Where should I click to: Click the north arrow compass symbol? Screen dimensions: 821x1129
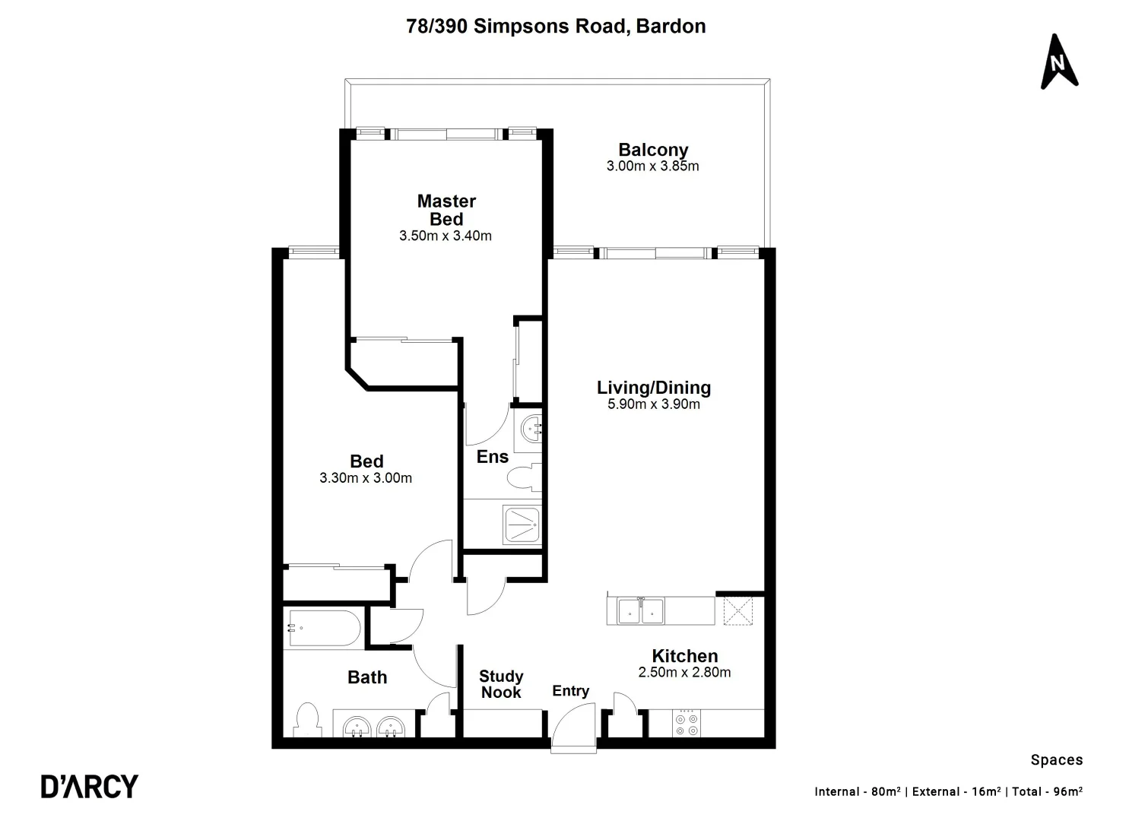(1058, 62)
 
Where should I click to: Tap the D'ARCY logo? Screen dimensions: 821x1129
(90, 786)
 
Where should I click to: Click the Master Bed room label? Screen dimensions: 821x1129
(446, 210)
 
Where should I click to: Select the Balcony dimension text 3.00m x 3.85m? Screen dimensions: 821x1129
(652, 166)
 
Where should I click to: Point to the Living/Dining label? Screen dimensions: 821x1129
(653, 388)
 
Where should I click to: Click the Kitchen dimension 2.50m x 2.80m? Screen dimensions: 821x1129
(684, 672)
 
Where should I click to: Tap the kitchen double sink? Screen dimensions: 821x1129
(640, 610)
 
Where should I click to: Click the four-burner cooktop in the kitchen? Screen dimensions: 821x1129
(687, 723)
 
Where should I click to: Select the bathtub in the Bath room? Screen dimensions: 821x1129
(322, 628)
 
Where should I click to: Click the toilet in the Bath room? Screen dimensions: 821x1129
(307, 721)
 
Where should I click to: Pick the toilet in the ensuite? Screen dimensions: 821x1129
(524, 478)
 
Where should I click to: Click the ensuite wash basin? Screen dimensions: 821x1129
(530, 430)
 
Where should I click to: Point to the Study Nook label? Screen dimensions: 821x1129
(501, 684)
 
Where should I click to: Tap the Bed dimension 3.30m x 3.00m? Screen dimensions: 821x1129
(366, 478)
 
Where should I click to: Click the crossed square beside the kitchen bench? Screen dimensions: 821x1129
(737, 610)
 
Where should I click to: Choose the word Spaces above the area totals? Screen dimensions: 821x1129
(1056, 759)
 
